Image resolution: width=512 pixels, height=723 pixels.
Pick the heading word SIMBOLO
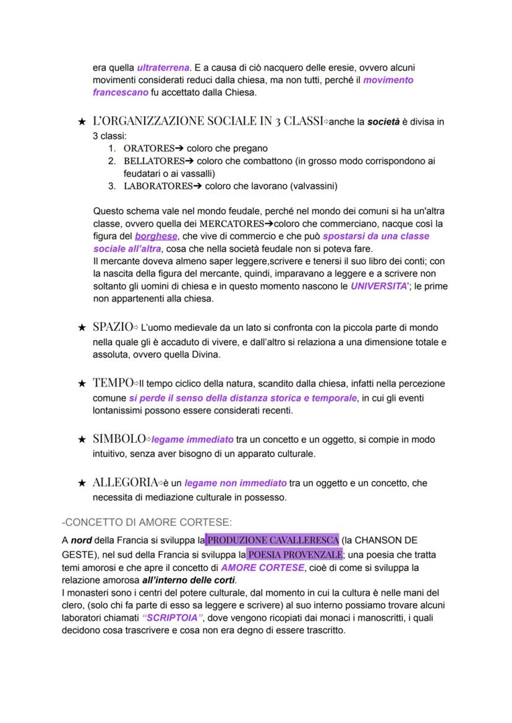[x=118, y=439]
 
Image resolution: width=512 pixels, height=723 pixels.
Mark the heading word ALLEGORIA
[x=124, y=482]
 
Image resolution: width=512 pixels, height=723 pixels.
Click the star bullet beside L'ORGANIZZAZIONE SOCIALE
[x=81, y=122]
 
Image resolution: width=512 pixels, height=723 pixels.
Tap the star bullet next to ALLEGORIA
[x=81, y=482]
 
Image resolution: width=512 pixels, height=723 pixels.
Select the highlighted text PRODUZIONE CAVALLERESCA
[x=272, y=539]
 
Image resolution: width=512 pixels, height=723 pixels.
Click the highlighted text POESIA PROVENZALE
[x=294, y=554]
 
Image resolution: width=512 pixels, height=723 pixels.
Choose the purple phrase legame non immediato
[x=236, y=482]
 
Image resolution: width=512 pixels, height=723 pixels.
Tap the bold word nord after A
[x=81, y=539]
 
